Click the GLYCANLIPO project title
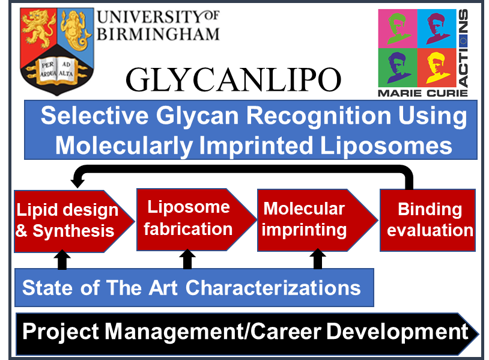coord(233,80)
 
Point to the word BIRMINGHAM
coord(159,34)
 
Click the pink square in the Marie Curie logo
coord(398,28)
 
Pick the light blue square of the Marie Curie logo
coord(437,28)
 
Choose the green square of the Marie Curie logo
coord(398,67)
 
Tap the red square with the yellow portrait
coord(437,67)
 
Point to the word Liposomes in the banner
coord(386,145)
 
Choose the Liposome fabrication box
coord(196,219)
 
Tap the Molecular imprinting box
coord(317,220)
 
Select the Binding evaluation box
coord(428,220)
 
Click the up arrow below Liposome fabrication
coord(187,259)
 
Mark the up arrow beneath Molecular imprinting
coord(317,259)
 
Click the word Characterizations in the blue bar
coord(273,288)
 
